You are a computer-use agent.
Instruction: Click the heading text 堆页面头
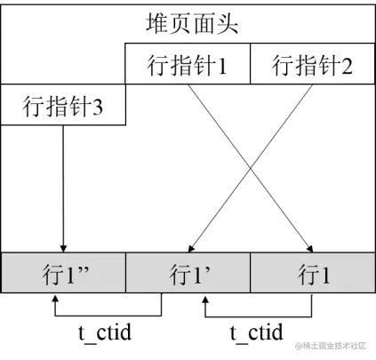192,24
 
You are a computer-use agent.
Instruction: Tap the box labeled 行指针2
311,66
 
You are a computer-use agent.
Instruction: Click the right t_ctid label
256,332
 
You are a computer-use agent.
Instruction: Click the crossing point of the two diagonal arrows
251,166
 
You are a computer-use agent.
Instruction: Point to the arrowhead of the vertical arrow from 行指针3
64,248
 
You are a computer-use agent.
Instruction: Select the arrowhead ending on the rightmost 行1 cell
311,248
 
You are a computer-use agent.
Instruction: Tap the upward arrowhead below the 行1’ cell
205,302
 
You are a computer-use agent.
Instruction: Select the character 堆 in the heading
157,24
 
